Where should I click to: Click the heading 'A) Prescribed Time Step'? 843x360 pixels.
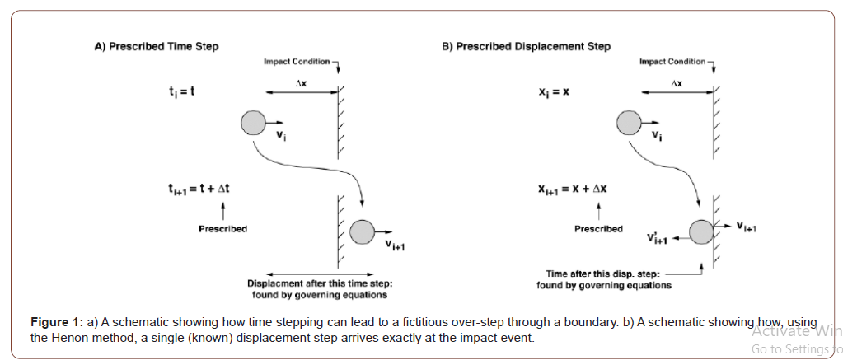[x=157, y=46]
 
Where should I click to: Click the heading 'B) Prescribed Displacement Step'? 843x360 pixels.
[x=527, y=46]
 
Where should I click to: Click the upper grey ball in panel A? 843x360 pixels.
[x=253, y=124]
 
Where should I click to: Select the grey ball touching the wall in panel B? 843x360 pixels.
[x=701, y=231]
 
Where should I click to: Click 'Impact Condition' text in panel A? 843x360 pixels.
[x=297, y=62]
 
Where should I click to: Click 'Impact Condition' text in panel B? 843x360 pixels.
[x=672, y=62]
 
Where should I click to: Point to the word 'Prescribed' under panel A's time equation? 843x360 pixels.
[x=222, y=228]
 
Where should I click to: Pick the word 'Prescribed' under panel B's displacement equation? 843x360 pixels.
[x=598, y=228]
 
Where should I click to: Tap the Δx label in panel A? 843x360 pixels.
[x=301, y=84]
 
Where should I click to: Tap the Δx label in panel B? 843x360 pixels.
[x=677, y=84]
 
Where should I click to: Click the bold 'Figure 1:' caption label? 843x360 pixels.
[x=57, y=321]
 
